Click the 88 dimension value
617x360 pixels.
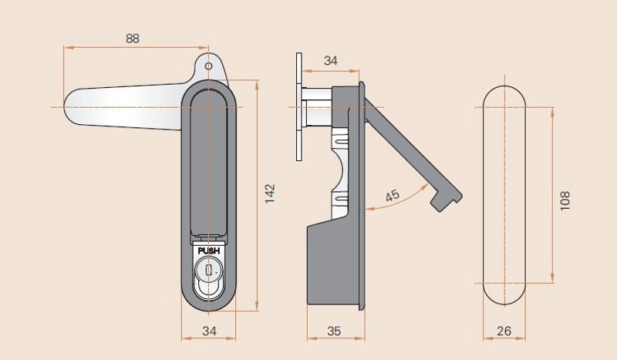(133, 39)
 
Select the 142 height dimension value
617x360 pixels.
(269, 193)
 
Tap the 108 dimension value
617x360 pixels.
(565, 200)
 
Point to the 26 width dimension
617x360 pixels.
(504, 331)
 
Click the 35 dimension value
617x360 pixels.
(334, 331)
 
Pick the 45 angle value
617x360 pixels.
(393, 196)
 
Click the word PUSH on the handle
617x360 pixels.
(209, 251)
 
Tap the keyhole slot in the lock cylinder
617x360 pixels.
(208, 271)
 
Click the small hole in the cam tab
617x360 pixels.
(208, 66)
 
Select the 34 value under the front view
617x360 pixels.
(209, 331)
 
